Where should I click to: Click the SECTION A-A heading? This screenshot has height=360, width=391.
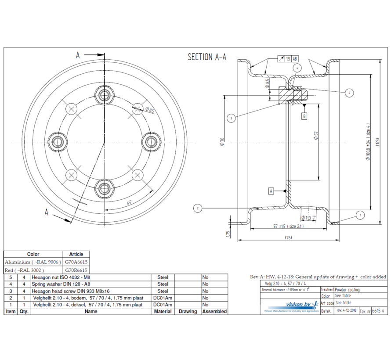[x=207, y=58]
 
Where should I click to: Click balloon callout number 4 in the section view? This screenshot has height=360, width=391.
[x=298, y=68]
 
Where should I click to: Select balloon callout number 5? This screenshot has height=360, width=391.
[x=349, y=93]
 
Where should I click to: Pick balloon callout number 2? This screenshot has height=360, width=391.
[x=198, y=208]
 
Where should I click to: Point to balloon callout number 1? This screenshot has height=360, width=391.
[x=360, y=215]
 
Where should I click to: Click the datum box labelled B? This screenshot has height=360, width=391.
[x=304, y=116]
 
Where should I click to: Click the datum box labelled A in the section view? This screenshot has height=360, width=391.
[x=271, y=191]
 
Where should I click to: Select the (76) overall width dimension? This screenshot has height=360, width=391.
[x=288, y=238]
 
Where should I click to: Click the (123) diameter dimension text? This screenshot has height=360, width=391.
[x=377, y=141]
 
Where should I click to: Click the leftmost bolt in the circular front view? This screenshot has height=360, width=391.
[x=57, y=141]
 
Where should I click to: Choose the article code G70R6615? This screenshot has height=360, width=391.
[x=76, y=270]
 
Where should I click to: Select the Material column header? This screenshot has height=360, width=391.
[x=163, y=311]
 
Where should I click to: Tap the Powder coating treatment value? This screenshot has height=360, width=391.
[x=347, y=290]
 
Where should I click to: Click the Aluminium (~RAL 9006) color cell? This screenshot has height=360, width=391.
[x=33, y=262]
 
